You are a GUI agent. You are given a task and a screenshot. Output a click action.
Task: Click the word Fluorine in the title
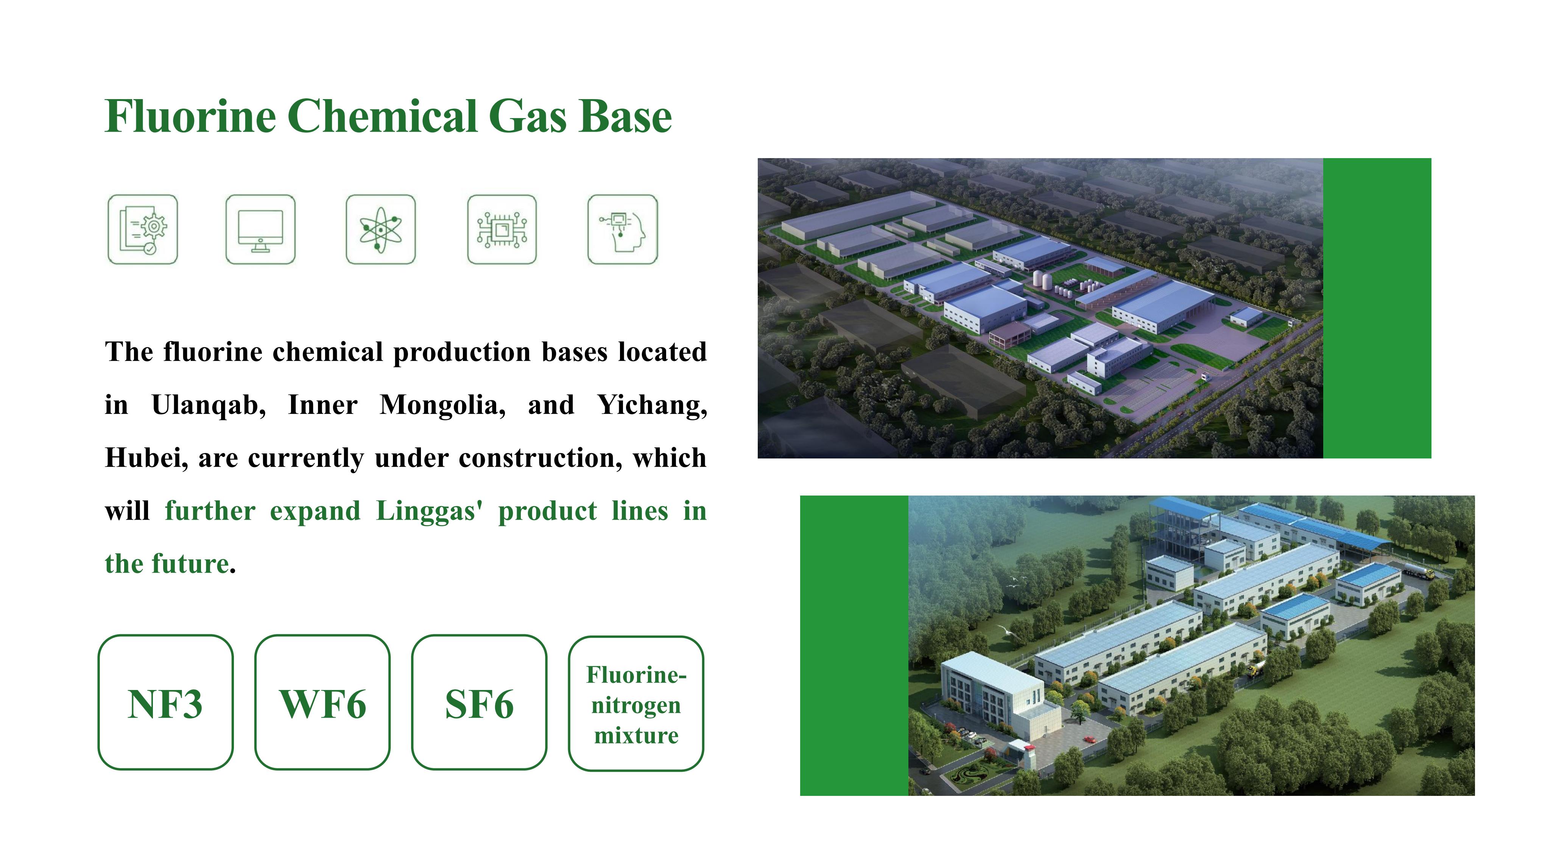coord(190,116)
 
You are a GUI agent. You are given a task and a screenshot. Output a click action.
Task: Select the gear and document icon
coord(142,229)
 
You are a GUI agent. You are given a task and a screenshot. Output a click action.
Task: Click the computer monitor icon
coord(260,229)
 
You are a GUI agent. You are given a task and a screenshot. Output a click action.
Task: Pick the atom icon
coord(381,229)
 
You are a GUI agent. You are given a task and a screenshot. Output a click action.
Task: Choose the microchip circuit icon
coord(502,229)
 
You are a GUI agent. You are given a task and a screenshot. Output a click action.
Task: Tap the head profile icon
coord(623,229)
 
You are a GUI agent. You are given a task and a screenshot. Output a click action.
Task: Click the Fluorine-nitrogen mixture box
coord(636,703)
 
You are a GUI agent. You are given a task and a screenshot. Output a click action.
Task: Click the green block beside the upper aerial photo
coord(1377,308)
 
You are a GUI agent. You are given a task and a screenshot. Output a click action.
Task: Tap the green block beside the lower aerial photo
coord(854,645)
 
